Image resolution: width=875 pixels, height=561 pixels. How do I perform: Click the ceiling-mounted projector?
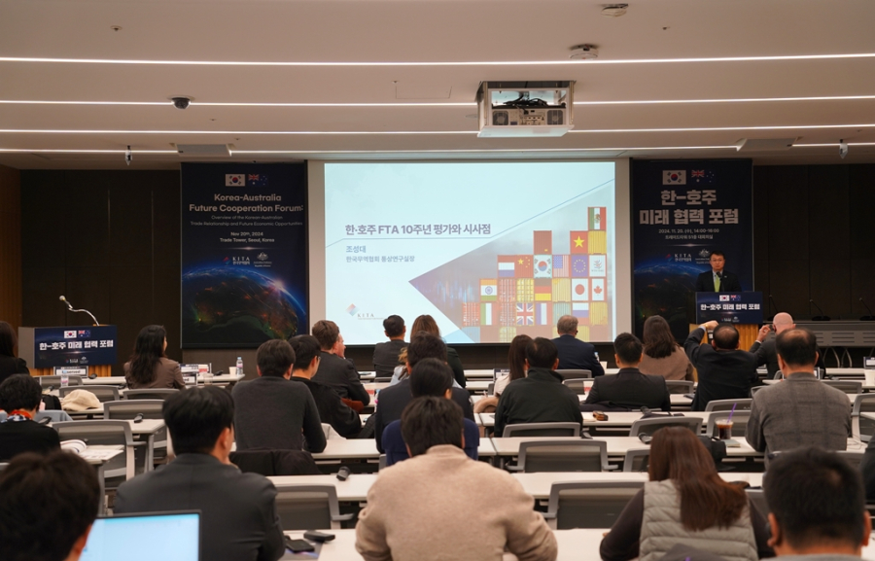click(x=524, y=108)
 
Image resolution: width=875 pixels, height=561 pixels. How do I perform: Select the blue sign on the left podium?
click(x=75, y=346)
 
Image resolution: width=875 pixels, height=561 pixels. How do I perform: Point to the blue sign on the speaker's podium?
click(x=728, y=307)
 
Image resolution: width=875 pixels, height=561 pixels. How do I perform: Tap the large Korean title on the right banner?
click(x=691, y=218)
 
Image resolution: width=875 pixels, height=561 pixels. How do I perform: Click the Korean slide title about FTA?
click(x=418, y=229)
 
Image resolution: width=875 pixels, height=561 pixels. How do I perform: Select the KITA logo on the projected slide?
click(x=360, y=311)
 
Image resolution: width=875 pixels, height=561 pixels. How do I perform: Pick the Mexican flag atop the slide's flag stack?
click(x=596, y=218)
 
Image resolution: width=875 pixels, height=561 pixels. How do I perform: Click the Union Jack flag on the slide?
click(x=524, y=313)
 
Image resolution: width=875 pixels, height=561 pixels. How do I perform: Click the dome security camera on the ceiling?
click(x=180, y=102)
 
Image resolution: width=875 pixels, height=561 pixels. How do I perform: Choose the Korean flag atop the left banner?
click(x=234, y=180)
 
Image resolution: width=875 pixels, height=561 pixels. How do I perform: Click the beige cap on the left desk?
click(x=81, y=400)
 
